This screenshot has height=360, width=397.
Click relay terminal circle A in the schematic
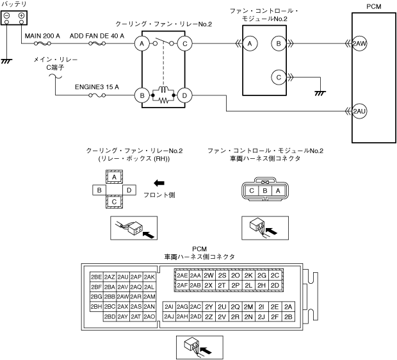[141, 44]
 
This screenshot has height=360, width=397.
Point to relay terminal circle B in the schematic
[141, 96]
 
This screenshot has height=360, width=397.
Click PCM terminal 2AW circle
[359, 44]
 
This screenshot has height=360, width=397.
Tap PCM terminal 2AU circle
[359, 111]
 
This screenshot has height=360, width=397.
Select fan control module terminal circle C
[279, 77]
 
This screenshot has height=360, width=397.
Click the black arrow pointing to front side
[150, 183]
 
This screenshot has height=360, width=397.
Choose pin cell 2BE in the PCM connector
[97, 277]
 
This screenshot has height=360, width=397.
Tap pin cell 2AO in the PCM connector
[150, 316]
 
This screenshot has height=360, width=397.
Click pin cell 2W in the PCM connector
[209, 275]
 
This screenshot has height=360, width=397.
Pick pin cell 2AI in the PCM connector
[170, 307]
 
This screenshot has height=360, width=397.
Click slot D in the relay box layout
[129, 190]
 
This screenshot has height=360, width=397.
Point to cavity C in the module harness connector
[254, 190]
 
